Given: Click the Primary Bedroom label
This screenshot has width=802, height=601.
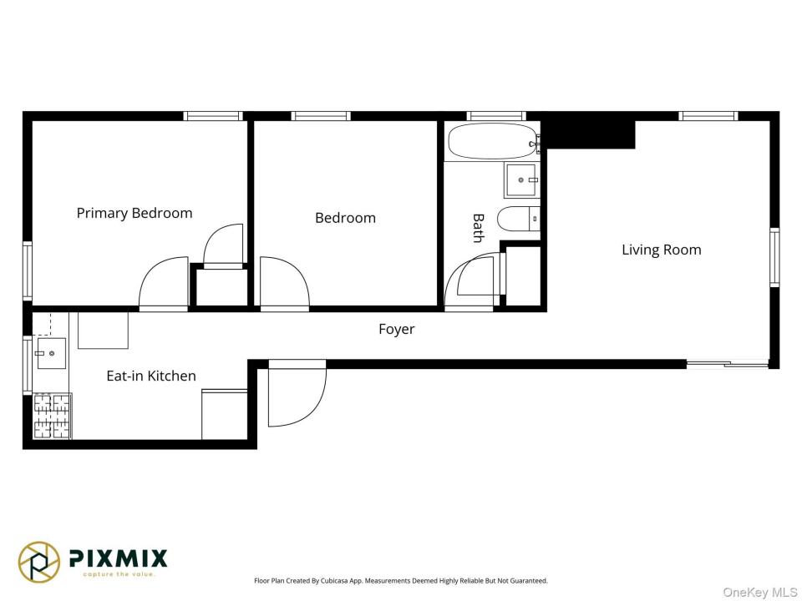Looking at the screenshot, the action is (135, 213).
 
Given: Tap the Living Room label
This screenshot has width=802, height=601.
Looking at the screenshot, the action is (662, 250).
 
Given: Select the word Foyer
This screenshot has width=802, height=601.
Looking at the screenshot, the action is (396, 329).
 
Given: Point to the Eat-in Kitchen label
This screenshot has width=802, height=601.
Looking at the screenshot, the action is (151, 376).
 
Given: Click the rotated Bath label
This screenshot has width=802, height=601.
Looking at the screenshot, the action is (478, 228).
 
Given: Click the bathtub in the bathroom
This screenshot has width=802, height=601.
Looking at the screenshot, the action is (494, 141).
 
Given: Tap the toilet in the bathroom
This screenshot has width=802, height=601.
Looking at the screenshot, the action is (519, 220).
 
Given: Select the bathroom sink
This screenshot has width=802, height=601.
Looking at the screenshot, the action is (521, 180).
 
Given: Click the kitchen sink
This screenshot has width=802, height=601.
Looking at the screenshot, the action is (51, 353).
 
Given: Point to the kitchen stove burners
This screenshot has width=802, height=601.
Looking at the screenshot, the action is (52, 416).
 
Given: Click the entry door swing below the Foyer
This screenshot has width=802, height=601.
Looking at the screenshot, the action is (297, 393).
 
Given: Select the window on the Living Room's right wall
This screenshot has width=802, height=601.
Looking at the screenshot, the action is (774, 256).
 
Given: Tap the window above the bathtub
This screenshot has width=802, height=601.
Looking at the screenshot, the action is (496, 116).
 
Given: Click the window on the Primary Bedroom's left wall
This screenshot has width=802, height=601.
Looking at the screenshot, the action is (27, 270).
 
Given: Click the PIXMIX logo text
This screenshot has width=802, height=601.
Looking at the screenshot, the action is (118, 558).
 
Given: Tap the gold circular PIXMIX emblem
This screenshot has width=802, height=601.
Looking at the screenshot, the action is (39, 562).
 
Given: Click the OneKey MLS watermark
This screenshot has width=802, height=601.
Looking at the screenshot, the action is (759, 593).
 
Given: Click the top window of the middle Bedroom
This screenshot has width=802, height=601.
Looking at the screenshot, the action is (321, 116).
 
